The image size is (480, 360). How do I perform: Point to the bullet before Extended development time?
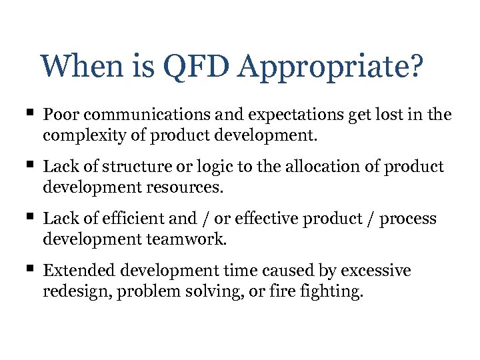click(x=31, y=269)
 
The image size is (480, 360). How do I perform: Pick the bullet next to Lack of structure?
click(x=31, y=165)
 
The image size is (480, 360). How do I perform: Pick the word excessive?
click(x=375, y=271)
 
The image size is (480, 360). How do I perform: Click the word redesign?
click(x=72, y=291)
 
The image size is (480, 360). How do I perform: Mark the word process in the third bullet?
click(x=409, y=219)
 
